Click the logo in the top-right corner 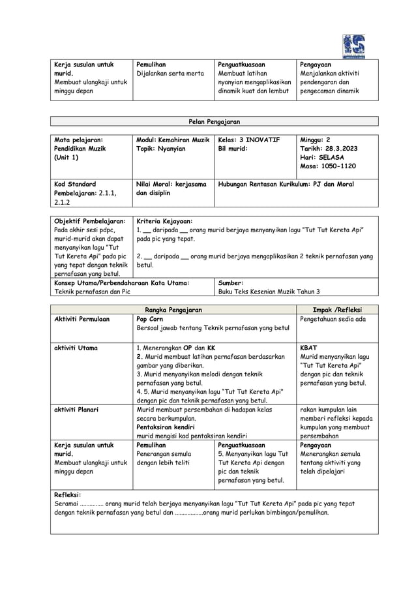pyautogui.click(x=353, y=46)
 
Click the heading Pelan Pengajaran pyautogui.click(x=215, y=121)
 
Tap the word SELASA pyautogui.click(x=331, y=158)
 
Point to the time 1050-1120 pyautogui.click(x=338, y=167)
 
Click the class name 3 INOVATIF pyautogui.click(x=258, y=140)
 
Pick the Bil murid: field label pyautogui.click(x=233, y=149)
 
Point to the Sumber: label pyautogui.click(x=231, y=283)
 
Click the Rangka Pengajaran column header pyautogui.click(x=173, y=309)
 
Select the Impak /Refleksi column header pyautogui.click(x=337, y=309)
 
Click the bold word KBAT pyautogui.click(x=308, y=348)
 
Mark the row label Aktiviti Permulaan pyautogui.click(x=82, y=319)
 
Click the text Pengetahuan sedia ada pyautogui.click(x=333, y=319)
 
